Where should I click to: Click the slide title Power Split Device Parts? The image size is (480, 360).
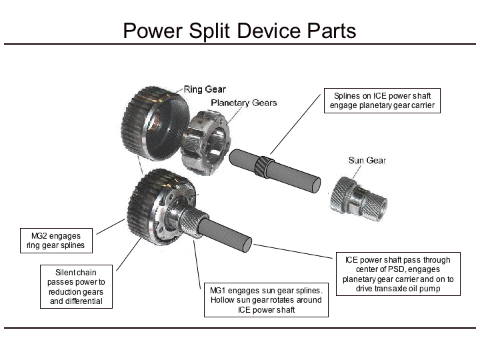click(x=239, y=31)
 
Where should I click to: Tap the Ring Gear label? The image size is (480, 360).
click(x=205, y=89)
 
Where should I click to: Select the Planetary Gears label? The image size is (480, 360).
click(x=243, y=103)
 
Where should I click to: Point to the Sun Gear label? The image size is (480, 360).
click(x=367, y=160)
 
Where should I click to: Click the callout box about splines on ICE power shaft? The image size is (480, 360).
click(x=382, y=100)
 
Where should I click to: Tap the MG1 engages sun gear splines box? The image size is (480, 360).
click(x=265, y=301)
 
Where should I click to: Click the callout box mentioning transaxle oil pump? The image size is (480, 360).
click(x=397, y=274)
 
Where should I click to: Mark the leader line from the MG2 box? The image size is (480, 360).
click(x=112, y=225)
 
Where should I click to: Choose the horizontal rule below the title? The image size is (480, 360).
click(x=240, y=44)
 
